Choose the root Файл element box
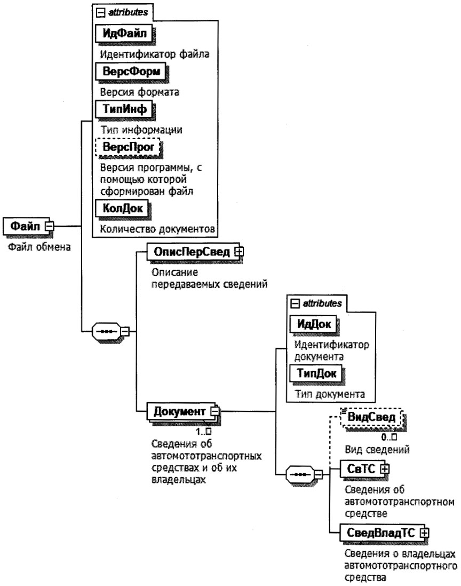click(x=26, y=226)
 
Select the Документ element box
click(x=179, y=412)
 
